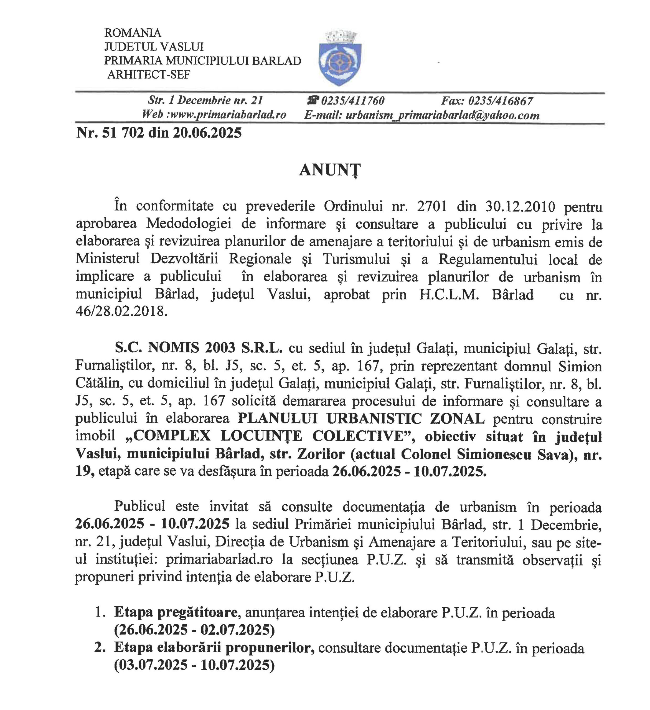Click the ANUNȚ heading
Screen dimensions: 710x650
330,171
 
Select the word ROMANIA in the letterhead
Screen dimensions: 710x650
133,33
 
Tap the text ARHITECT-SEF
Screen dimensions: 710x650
149,75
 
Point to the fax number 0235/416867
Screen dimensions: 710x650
500,101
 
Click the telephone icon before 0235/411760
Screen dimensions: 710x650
313,101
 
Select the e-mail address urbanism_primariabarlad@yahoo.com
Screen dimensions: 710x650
443,115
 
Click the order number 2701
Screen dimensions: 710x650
432,206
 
